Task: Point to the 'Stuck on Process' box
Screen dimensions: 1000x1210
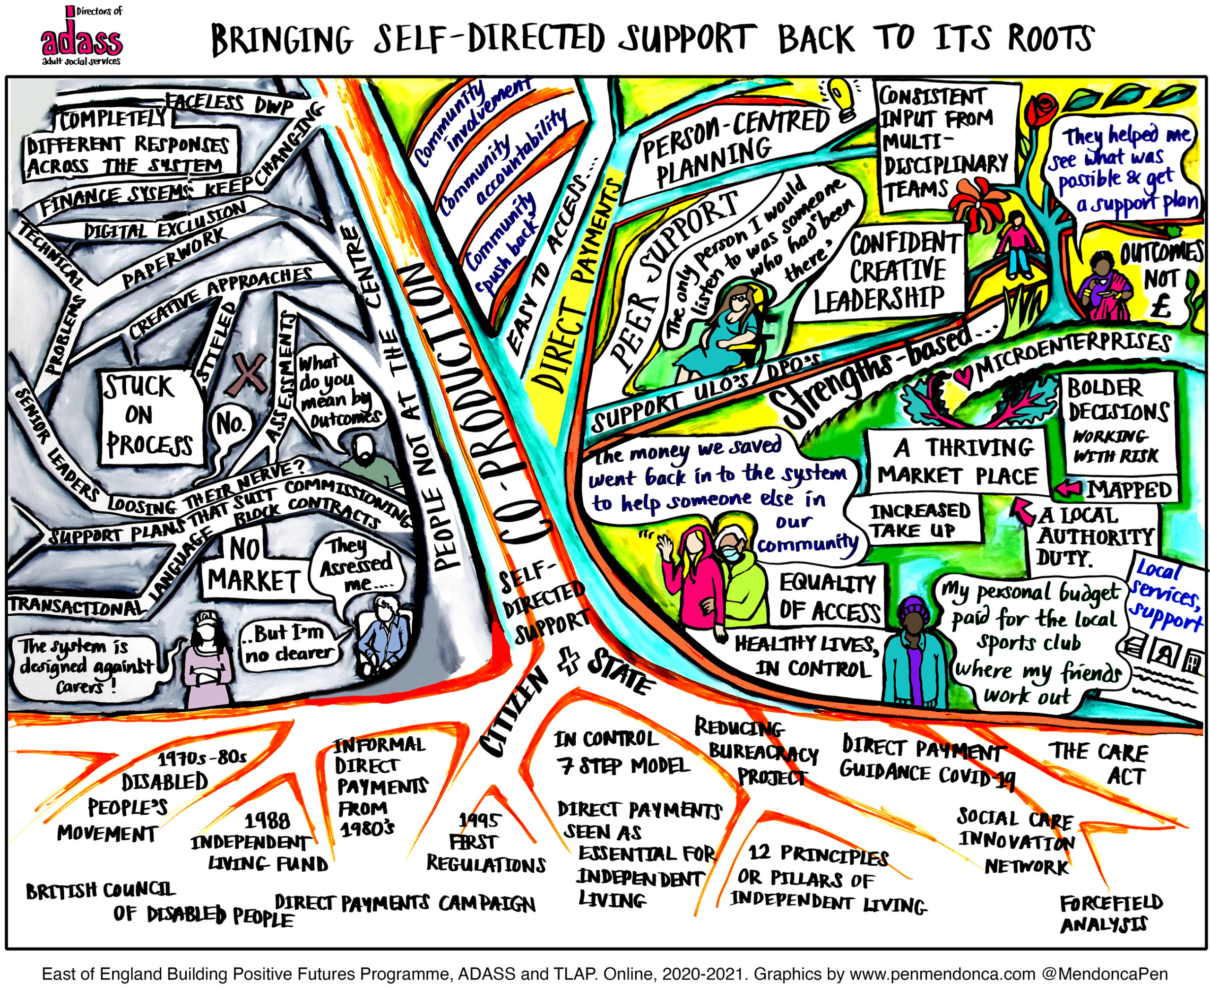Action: [x=151, y=416]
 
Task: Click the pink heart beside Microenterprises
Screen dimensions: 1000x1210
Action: [x=961, y=375]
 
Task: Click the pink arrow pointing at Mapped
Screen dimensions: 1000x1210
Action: [x=1069, y=489]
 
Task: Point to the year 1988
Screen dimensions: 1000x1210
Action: [x=267, y=820]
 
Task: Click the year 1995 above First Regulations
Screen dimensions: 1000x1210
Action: [x=479, y=819]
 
